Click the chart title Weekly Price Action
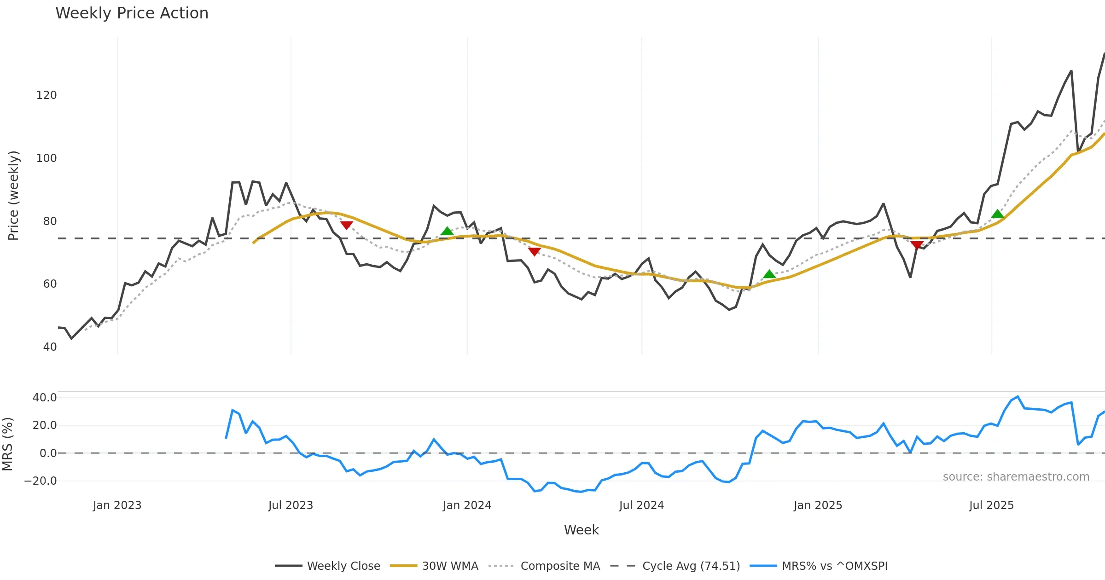click(132, 13)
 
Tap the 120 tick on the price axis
click(47, 95)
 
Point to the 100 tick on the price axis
click(47, 158)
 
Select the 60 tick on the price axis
click(50, 284)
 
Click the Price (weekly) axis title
click(14, 196)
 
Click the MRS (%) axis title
click(8, 444)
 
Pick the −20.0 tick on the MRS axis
click(41, 481)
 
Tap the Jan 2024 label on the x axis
click(467, 505)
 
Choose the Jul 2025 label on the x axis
click(991, 505)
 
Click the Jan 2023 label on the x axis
click(117, 505)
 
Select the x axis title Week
click(581, 530)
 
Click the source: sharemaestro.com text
click(1016, 477)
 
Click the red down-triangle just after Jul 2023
click(346, 225)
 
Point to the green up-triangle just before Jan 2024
click(447, 231)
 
